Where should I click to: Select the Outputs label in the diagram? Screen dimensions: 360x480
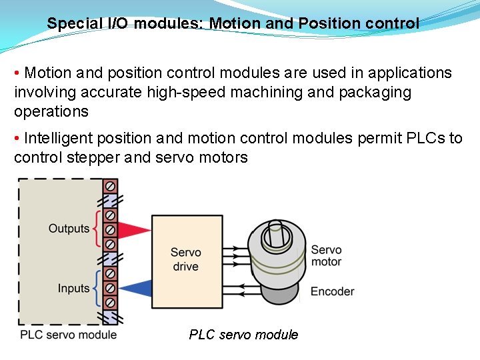pos(69,229)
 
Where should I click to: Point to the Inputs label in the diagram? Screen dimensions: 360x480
pos(73,289)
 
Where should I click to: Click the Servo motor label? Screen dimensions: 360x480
pos(326,256)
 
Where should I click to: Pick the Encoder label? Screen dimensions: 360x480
pos(332,291)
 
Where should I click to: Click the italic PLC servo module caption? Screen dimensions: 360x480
pos(243,335)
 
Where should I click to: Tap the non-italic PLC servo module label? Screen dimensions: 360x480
pos(68,335)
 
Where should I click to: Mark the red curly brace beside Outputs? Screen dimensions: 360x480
pos(97,229)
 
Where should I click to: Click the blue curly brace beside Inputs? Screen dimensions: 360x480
pos(97,288)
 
